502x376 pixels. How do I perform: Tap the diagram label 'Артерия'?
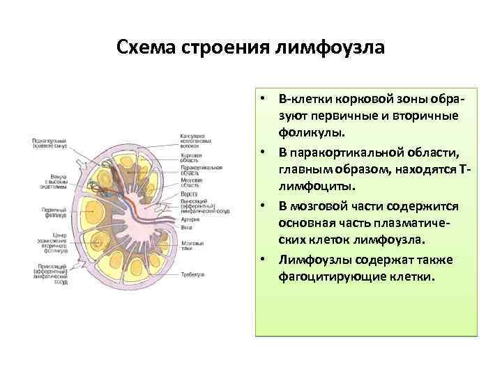click(x=190, y=219)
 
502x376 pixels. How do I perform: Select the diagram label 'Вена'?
click(x=186, y=228)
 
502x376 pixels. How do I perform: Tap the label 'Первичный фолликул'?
click(x=50, y=212)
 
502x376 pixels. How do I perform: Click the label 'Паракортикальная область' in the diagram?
click(x=201, y=171)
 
